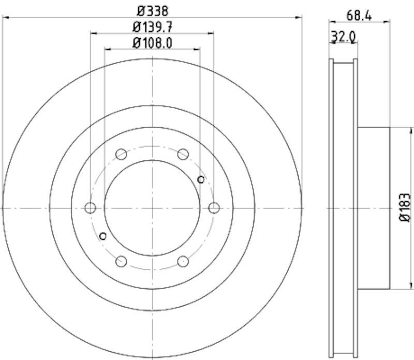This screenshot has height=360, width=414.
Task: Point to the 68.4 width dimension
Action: pos(359,15)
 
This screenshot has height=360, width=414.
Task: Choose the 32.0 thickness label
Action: pos(343,37)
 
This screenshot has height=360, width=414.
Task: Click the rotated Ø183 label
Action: pos(404,208)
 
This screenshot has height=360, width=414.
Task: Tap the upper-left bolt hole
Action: pos(121,154)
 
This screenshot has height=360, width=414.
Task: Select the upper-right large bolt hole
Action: pos(183,154)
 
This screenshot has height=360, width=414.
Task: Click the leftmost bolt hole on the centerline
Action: pos(91,208)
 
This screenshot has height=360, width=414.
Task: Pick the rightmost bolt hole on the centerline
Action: pos(214,208)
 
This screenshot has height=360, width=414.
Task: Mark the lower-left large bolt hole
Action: pos(121,261)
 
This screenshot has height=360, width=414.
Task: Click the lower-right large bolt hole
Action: pos(183,261)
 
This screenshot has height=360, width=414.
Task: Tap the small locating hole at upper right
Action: pos(201,179)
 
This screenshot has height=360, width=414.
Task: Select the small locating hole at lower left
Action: pos(103,236)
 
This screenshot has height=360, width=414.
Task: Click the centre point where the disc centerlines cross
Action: pos(152,208)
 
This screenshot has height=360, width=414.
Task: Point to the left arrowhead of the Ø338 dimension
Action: pos(5,18)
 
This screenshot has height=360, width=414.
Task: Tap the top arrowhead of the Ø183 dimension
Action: pos(411,130)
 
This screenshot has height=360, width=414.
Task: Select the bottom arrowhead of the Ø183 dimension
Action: pos(411,286)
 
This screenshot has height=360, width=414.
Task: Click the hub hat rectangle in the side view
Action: pos(373,208)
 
